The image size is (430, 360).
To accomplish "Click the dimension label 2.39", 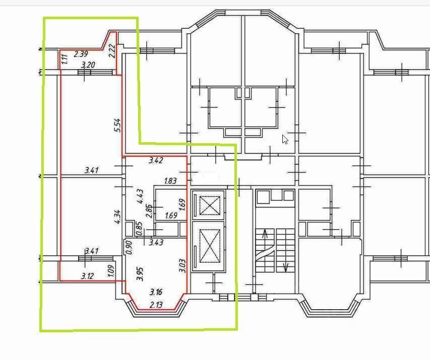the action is pos(81,54).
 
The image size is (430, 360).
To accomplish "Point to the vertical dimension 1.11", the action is pos(64,59).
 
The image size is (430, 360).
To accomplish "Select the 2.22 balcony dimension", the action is pos(112,51).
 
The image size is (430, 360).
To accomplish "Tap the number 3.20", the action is pos(88,65).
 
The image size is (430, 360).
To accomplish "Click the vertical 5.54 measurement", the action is pos(117,125).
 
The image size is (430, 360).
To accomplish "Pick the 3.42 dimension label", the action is pos(156,160).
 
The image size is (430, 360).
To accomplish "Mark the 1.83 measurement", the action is pos(170,181).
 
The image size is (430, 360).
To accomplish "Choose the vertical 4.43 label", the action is pos(140,196).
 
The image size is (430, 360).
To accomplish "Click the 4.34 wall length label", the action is pos(117,217).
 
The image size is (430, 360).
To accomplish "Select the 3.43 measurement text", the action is pos(156,243).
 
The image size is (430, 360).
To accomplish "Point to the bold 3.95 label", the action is pos(140,274).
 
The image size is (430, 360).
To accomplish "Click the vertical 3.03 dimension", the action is pos(182,266).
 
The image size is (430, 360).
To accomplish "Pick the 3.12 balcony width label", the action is pos(88,276).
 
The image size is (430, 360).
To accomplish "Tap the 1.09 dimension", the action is pos(111,271).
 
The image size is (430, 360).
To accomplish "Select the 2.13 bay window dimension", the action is pos(156,305).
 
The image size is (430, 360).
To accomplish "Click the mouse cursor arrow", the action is pos(285,139).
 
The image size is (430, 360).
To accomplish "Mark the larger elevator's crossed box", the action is pos(210,246).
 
